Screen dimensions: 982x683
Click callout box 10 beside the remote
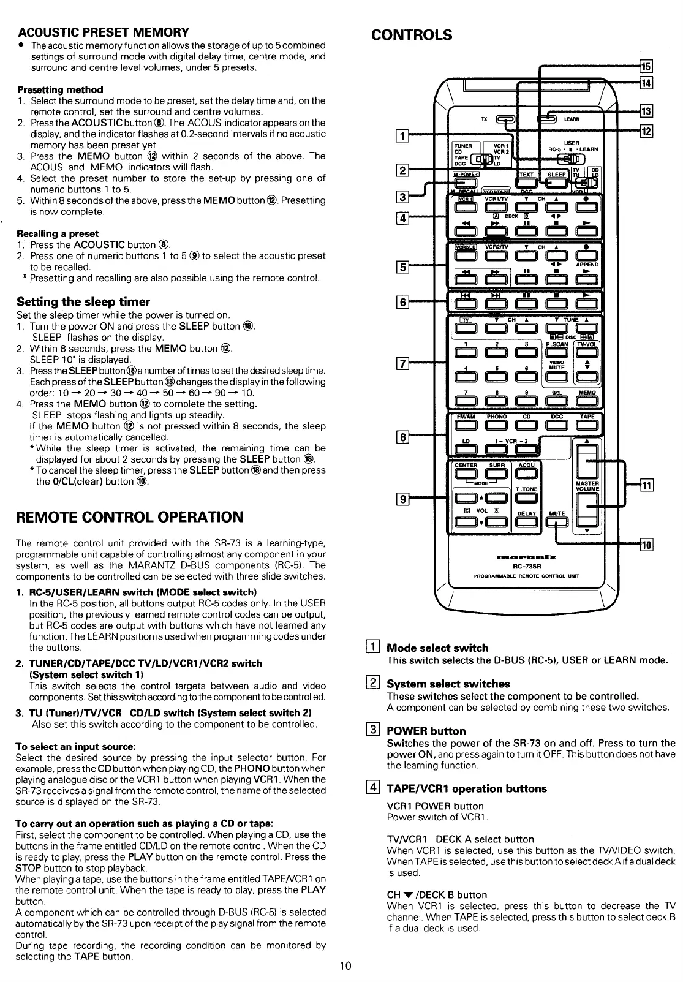point(647,545)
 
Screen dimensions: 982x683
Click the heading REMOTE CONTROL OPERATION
point(130,516)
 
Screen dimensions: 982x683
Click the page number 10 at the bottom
point(345,966)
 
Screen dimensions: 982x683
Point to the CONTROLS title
point(412,34)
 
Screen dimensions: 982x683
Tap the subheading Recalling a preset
point(58,233)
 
